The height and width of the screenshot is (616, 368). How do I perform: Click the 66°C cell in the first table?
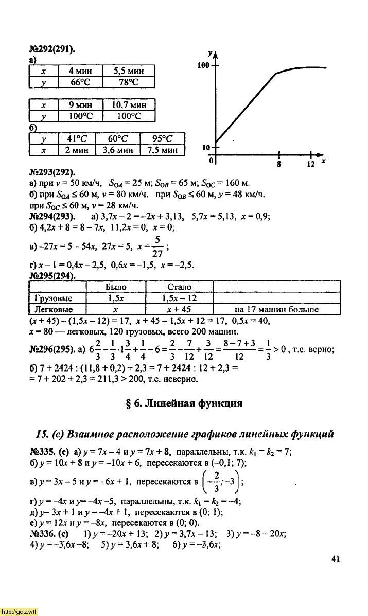[x=80, y=82]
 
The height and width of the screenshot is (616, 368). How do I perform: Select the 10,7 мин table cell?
[x=129, y=105]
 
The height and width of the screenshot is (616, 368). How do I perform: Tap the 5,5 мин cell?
[x=129, y=71]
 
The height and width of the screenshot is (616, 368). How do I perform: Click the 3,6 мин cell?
[x=117, y=150]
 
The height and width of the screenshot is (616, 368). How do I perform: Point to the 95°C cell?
[x=162, y=138]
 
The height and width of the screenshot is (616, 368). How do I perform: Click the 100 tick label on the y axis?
[x=203, y=66]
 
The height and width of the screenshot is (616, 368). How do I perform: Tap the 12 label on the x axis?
[x=310, y=165]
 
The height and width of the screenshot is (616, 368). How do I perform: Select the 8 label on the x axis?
[x=278, y=165]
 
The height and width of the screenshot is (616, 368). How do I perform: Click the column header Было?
[x=115, y=287]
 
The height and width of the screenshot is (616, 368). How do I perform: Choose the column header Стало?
[x=179, y=287]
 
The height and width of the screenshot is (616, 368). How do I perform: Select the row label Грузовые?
[x=52, y=298]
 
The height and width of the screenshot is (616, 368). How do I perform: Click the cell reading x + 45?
[x=179, y=310]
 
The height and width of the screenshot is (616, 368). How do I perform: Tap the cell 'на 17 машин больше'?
[x=276, y=310]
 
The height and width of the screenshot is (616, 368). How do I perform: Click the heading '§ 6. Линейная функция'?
[x=184, y=403]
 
